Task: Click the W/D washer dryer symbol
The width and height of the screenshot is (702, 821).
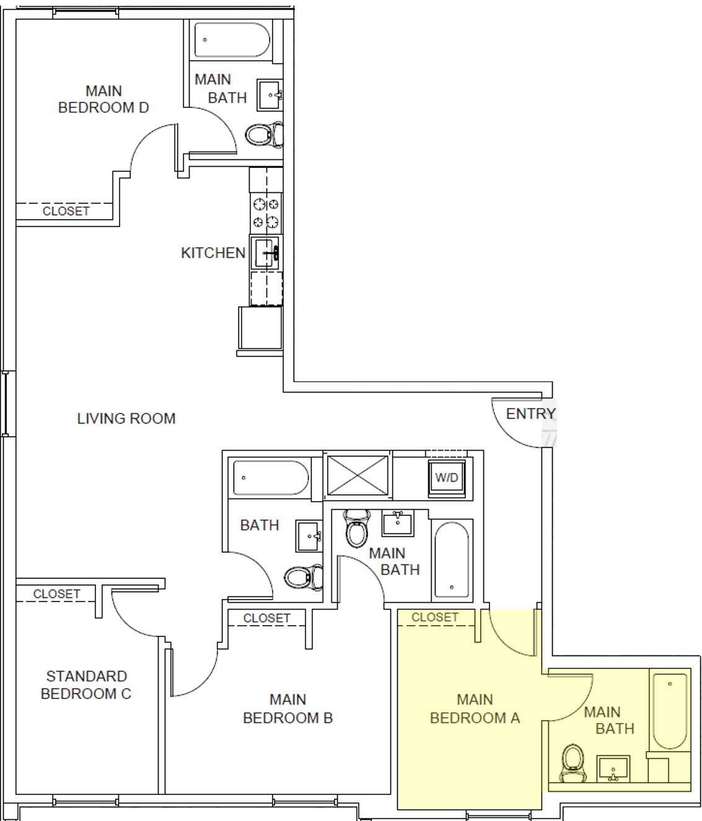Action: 447,478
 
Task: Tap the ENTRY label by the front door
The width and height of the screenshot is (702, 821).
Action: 530,414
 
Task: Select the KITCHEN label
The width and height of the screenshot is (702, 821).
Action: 213,253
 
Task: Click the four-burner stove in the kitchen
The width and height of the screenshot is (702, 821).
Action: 266,213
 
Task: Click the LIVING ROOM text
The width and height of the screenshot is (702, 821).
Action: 126,419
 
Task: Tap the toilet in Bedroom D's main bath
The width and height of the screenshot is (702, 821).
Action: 263,135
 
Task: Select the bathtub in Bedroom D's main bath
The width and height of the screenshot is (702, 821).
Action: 232,40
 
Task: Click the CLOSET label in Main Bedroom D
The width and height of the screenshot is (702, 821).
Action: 66,211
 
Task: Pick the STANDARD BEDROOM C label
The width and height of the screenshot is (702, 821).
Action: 86,685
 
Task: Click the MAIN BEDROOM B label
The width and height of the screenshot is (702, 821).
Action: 287,709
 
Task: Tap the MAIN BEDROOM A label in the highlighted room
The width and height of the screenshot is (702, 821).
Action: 475,709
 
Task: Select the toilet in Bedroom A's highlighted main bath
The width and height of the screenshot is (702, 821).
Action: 573,761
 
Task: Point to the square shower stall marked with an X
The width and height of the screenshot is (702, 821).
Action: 358,476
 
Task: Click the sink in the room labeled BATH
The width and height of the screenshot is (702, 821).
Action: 309,536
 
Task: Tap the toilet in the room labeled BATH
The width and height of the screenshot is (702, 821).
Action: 302,578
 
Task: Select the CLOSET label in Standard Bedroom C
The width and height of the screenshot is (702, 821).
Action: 56,594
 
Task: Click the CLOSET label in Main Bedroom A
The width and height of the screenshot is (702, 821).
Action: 435,618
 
